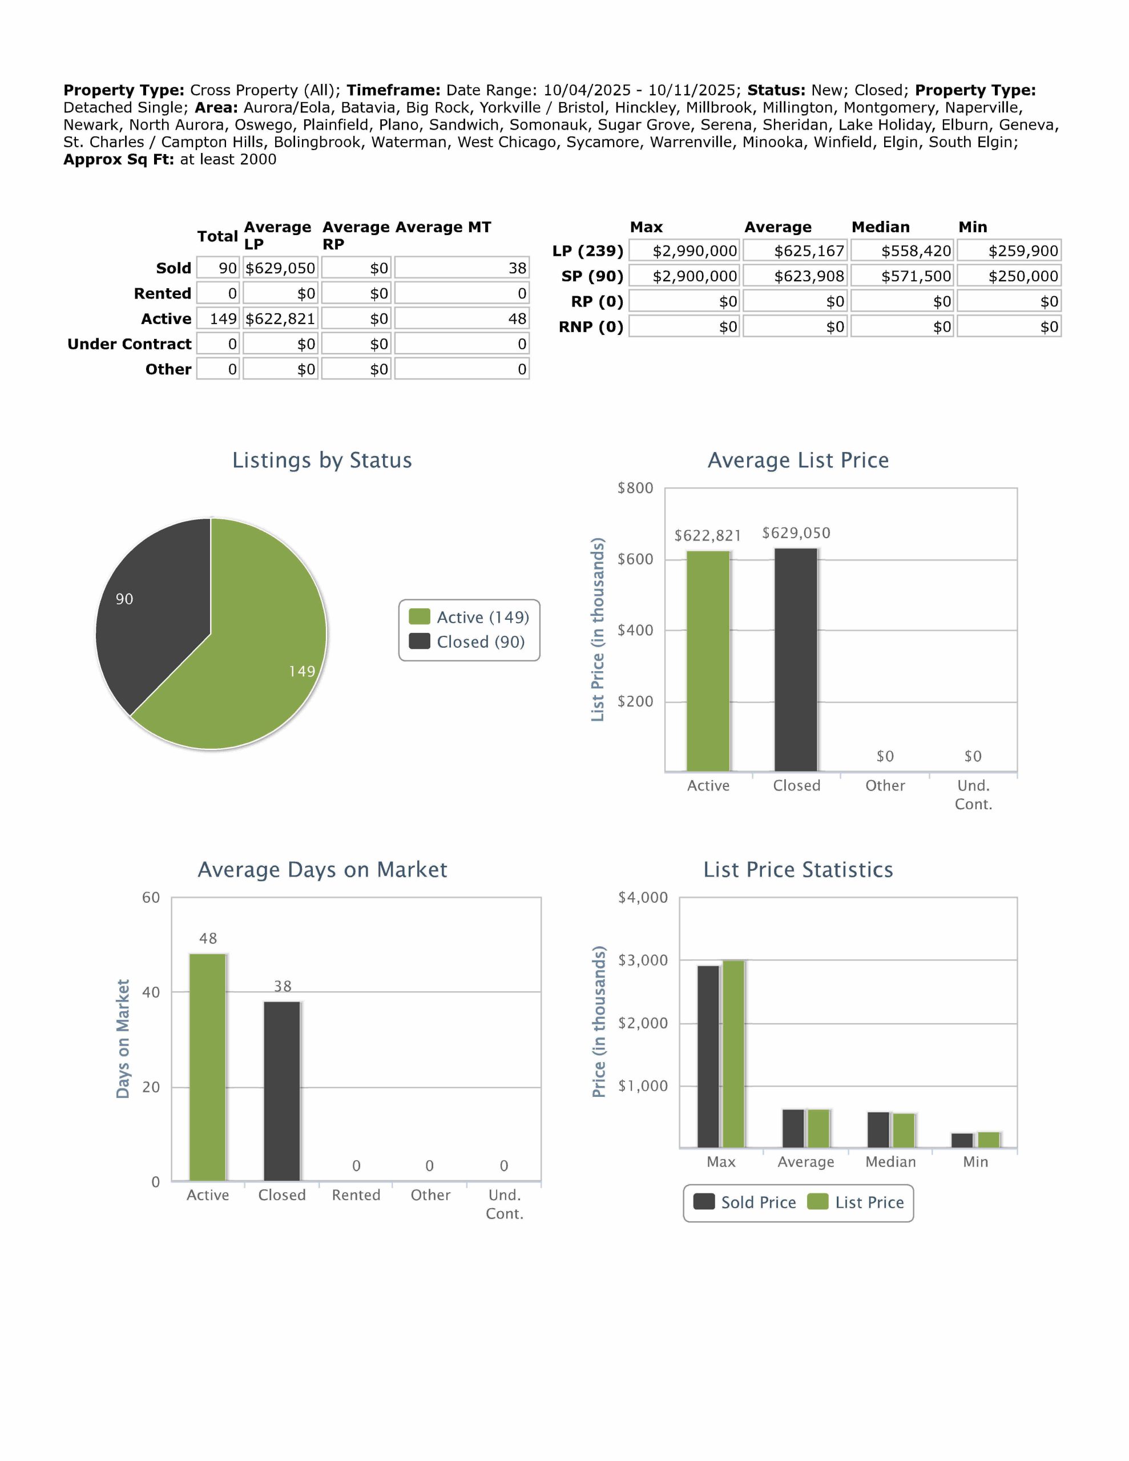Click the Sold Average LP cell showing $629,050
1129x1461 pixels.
click(280, 268)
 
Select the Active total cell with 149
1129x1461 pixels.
click(218, 318)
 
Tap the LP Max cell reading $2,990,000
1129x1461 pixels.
click(684, 251)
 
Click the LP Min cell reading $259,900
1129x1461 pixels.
click(1009, 251)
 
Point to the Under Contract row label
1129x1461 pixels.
click(129, 344)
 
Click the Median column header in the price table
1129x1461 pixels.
click(880, 227)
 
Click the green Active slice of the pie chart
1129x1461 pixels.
click(255, 656)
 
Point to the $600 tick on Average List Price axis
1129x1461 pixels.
click(635, 559)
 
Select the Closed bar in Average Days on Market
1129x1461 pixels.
click(282, 1091)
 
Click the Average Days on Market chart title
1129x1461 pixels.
click(322, 869)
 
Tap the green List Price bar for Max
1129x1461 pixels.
click(733, 1054)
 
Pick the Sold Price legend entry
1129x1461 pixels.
click(745, 1202)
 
